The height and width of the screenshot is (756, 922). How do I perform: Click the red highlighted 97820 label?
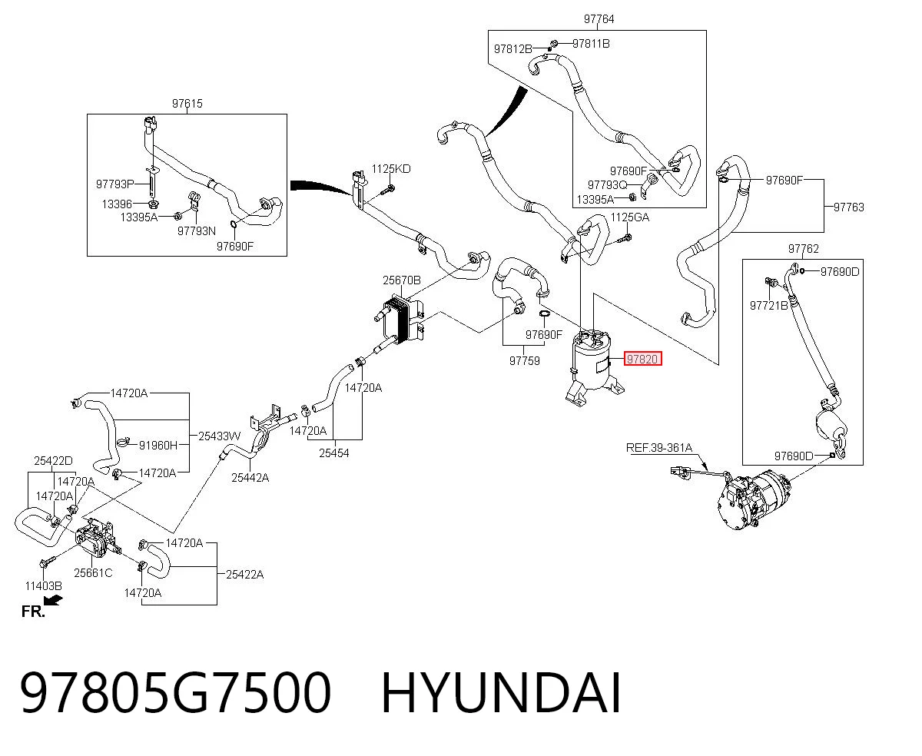pyautogui.click(x=642, y=359)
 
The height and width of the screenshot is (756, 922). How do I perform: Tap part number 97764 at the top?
pyautogui.click(x=599, y=18)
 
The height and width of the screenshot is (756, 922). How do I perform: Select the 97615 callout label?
pyautogui.click(x=187, y=104)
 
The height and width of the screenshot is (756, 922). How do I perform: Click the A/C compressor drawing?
pyautogui.click(x=753, y=498)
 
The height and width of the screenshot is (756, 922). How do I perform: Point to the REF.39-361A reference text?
pyautogui.click(x=658, y=448)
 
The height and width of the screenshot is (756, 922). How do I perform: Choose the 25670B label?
pyautogui.click(x=401, y=280)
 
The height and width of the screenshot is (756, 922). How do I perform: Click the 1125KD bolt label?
pyautogui.click(x=391, y=169)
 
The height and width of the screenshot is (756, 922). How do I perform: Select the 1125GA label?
pyautogui.click(x=629, y=217)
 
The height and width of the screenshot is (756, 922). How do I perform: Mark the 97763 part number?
pyautogui.click(x=848, y=207)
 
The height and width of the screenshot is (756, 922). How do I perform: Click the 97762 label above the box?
pyautogui.click(x=803, y=249)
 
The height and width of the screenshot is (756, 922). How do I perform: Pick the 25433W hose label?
pyautogui.click(x=219, y=436)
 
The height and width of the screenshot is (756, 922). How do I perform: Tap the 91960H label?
pyautogui.click(x=158, y=445)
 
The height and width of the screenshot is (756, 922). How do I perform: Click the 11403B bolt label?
pyautogui.click(x=43, y=586)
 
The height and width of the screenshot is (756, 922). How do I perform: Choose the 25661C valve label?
pyautogui.click(x=93, y=573)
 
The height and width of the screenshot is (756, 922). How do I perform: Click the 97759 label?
pyautogui.click(x=524, y=361)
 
